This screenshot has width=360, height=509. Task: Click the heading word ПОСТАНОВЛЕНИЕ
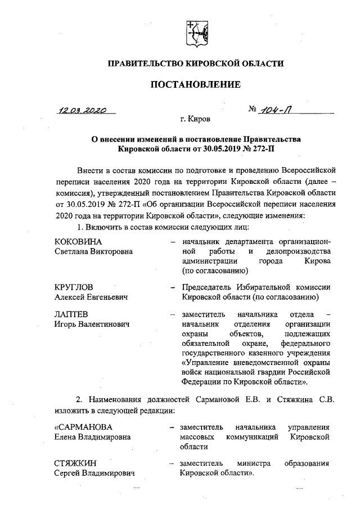[195, 85]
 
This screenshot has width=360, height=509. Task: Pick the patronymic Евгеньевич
[105, 296]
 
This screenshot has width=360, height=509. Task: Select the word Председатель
[205, 287]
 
